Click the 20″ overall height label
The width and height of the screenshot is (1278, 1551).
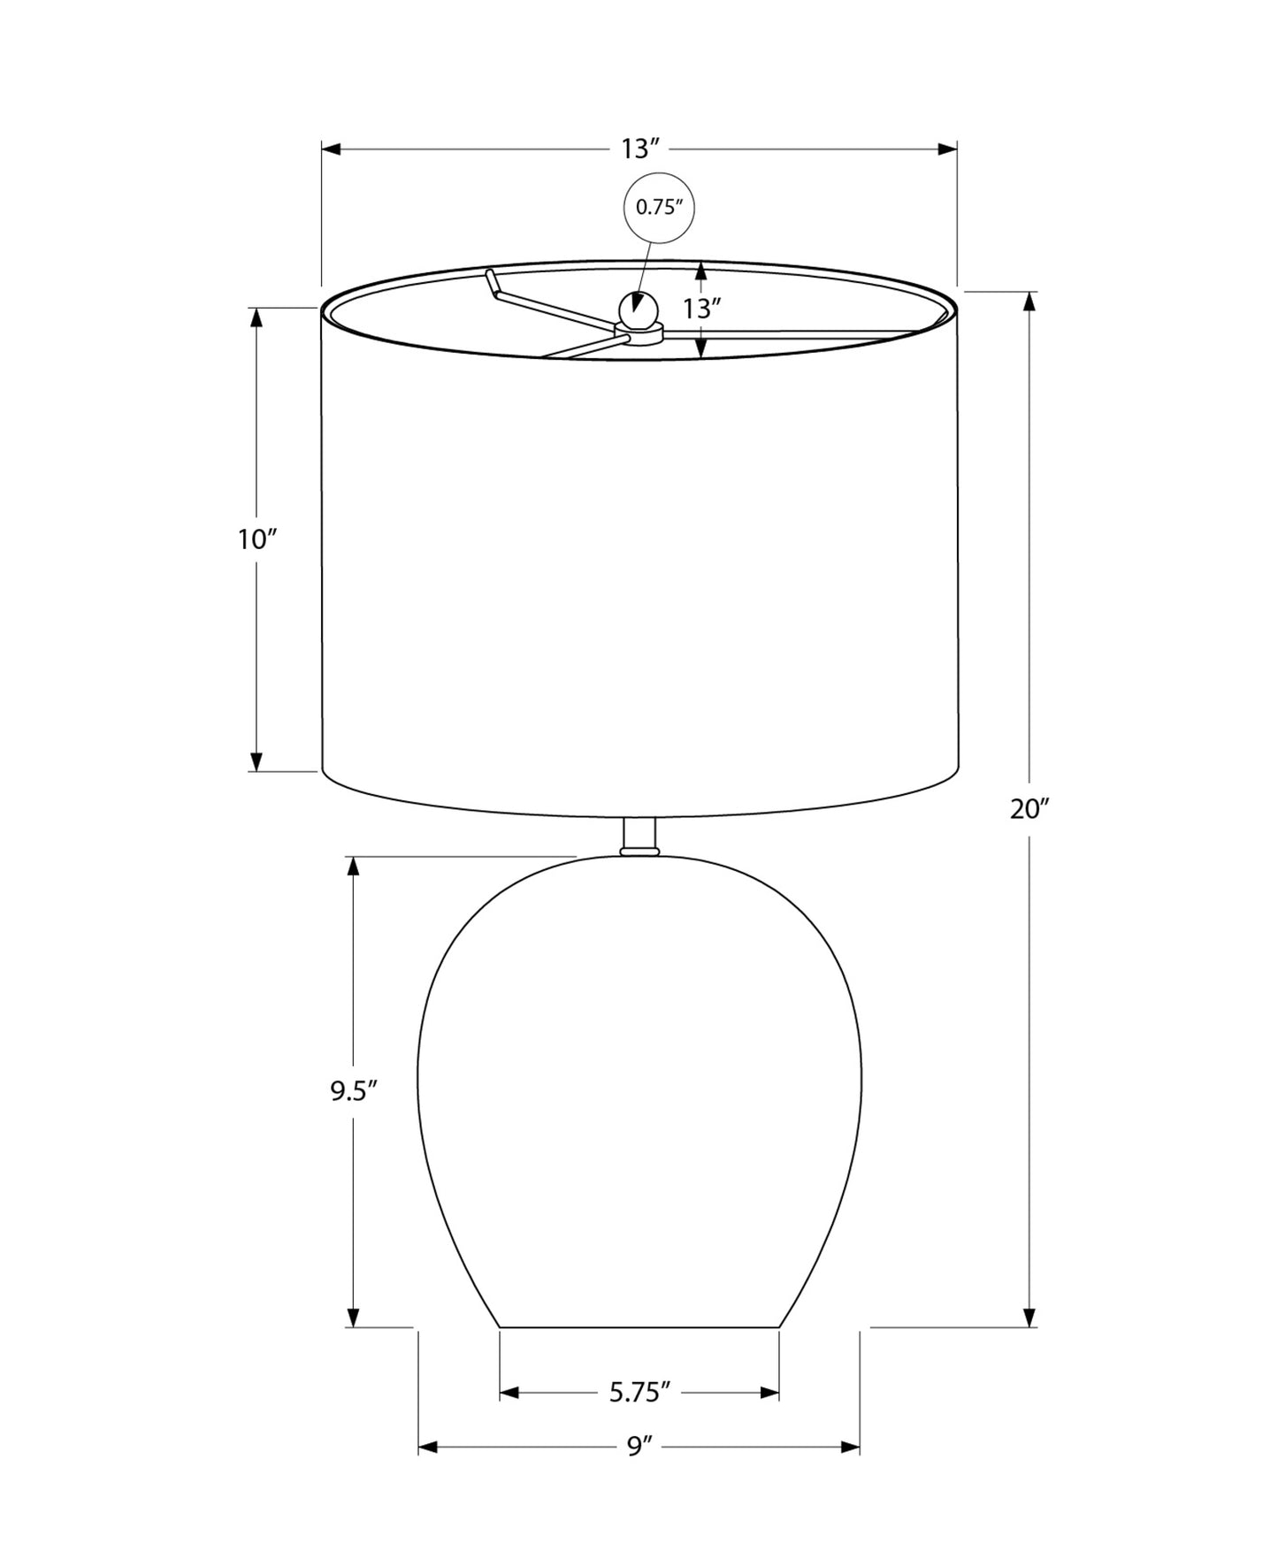1029,808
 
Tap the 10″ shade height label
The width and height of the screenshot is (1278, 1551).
257,539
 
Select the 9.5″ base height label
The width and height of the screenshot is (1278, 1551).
354,1091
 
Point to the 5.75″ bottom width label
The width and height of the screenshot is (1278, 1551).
640,1393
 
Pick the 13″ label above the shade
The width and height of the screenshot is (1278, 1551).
640,149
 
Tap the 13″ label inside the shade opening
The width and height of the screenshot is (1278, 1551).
702,309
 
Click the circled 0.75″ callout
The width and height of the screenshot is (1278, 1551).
660,209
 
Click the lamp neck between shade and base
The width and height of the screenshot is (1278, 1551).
639,837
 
